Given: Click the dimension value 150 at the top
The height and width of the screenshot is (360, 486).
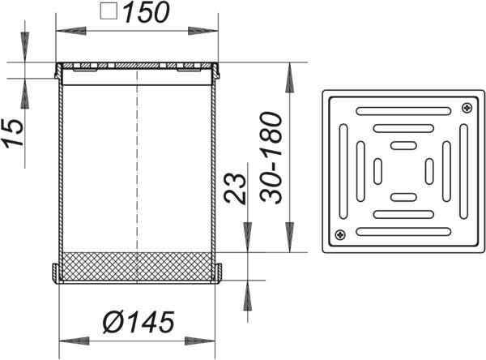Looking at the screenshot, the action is tap(147, 13).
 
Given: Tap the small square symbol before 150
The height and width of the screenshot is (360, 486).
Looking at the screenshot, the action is tap(109, 12).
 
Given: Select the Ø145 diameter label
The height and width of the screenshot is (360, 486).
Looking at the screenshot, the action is tap(139, 323).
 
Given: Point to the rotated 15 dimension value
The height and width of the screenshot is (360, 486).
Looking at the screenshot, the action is tap(13, 132).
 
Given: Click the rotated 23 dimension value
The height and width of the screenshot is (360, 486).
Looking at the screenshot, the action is tap(235, 188).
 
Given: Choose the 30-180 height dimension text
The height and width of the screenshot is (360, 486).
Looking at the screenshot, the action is tap(271, 157).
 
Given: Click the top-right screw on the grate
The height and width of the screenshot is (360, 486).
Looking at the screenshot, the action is tap(467, 108).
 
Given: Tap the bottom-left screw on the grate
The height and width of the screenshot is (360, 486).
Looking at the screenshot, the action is tap(340, 235).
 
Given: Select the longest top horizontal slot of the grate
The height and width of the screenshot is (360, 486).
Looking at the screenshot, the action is tap(403, 111).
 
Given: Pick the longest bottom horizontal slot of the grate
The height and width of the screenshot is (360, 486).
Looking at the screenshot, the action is tap(403, 232).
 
